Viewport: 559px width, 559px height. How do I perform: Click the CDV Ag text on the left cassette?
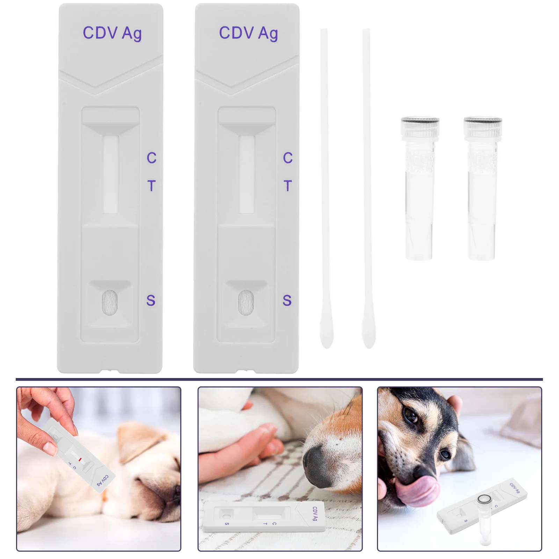click(x=112, y=34)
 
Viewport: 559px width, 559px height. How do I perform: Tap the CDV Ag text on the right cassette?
click(x=248, y=34)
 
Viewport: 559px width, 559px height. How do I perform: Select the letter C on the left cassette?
click(x=151, y=158)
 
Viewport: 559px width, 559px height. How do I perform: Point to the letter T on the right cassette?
click(x=288, y=186)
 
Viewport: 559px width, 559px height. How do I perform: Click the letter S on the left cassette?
click(x=151, y=300)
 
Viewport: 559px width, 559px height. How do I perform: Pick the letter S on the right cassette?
click(x=287, y=300)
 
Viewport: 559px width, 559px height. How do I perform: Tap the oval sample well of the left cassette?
click(x=110, y=303)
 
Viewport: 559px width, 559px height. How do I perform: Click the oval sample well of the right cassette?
click(x=246, y=303)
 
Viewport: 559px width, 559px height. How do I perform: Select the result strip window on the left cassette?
click(x=110, y=174)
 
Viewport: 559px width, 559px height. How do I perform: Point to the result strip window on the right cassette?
click(x=247, y=174)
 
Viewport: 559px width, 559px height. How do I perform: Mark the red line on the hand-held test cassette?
click(x=80, y=459)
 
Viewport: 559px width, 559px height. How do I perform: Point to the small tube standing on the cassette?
click(x=485, y=521)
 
